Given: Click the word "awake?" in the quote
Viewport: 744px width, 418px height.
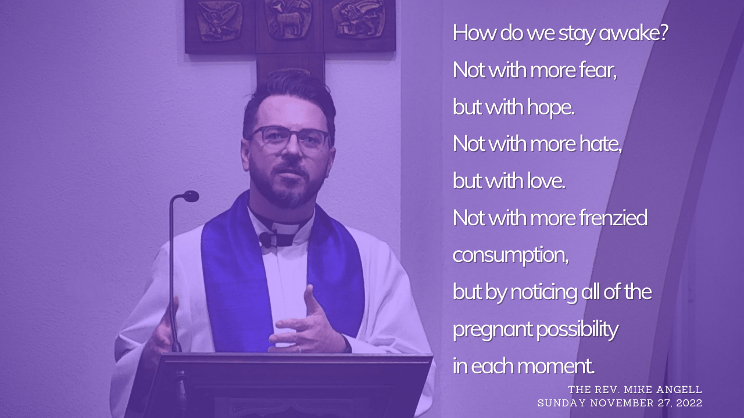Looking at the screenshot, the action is pos(634,34).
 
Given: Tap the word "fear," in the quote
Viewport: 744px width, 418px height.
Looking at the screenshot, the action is pos(598,70).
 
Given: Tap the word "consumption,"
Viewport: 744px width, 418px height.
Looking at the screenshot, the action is pos(510,255).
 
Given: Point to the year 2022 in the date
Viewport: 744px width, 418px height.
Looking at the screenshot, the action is pos(689,403).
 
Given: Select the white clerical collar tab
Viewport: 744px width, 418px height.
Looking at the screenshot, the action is pos(285,228).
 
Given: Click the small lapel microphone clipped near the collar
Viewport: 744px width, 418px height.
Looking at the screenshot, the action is pos(265,239).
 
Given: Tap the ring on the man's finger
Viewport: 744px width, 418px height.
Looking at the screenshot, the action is pos(299,349).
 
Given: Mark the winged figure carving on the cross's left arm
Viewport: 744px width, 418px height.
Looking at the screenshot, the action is pos(220,20).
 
